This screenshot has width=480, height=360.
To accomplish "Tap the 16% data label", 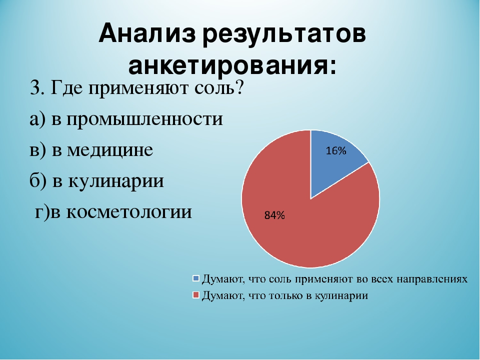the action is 336,150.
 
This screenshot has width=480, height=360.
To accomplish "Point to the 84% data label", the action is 274,215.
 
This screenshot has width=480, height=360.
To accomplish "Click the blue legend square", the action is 196,278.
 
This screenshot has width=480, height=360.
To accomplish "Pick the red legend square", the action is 196,295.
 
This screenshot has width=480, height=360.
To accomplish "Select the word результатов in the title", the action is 284,34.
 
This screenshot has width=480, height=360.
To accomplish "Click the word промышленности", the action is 144,119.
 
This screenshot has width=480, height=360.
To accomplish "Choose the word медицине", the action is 110,150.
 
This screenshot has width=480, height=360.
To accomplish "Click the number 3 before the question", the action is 35,88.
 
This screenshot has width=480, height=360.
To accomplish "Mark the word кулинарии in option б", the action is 115,181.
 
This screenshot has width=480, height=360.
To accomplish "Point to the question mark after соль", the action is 238,87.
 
